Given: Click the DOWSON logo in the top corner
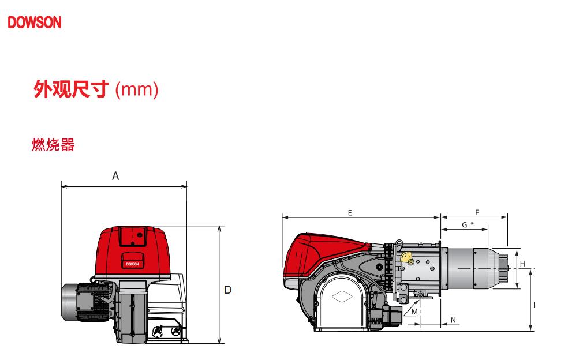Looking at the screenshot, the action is point(34,22).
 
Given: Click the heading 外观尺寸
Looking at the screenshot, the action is point(72,89).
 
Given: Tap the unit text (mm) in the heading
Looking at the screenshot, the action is point(137,90).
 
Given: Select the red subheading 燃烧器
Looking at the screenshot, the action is point(53,145).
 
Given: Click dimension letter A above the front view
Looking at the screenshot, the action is point(115,176).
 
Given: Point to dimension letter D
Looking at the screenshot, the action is point(228,290).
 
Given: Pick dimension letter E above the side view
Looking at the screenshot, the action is point(350,213).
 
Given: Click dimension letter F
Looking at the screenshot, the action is point(477,213).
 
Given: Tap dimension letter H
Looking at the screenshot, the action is point(523,264).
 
